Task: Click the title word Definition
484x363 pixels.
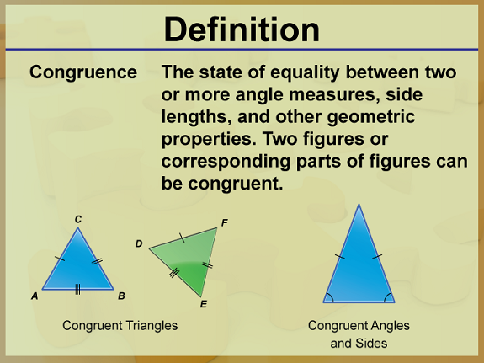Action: [242, 29]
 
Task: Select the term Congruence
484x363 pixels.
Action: [83, 72]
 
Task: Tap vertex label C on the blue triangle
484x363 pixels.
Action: [78, 219]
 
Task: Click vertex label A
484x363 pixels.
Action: [35, 296]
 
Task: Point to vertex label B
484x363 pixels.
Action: [121, 296]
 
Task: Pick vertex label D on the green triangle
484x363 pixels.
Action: [139, 243]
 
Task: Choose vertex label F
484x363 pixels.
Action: [225, 222]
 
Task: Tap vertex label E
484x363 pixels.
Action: [203, 304]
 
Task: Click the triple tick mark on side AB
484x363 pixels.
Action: [77, 290]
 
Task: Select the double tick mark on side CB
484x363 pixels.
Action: [97, 261]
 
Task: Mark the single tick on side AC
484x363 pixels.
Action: [60, 259]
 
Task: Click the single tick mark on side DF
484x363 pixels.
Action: [182, 238]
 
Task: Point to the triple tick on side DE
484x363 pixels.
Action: [174, 273]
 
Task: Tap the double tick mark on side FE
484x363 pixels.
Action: [207, 265]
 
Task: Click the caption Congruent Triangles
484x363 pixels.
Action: [120, 326]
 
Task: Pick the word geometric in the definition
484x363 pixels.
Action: [370, 117]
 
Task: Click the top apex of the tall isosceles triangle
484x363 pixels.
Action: [359, 204]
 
